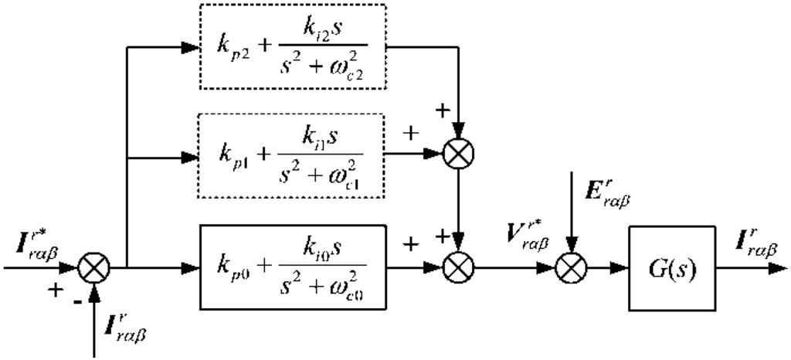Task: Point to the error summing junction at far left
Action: pos(97,268)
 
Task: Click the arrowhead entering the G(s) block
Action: pos(621,268)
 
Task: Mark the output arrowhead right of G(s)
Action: pos(776,268)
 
